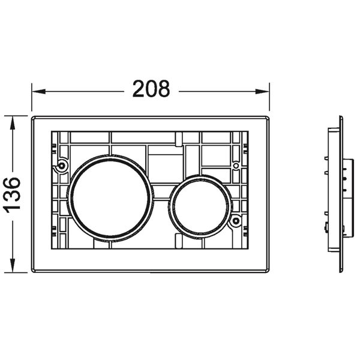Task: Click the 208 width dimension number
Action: (x=151, y=89)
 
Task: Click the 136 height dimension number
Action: (x=12, y=195)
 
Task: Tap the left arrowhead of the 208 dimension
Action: (x=38, y=91)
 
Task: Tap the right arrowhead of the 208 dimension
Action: (x=262, y=91)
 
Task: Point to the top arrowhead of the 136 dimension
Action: (x=13, y=122)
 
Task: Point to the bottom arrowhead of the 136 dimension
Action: (x=13, y=266)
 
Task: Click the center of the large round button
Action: (x=110, y=198)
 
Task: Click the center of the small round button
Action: (x=200, y=206)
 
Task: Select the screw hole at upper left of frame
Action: (x=62, y=166)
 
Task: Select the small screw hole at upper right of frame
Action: (x=236, y=166)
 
